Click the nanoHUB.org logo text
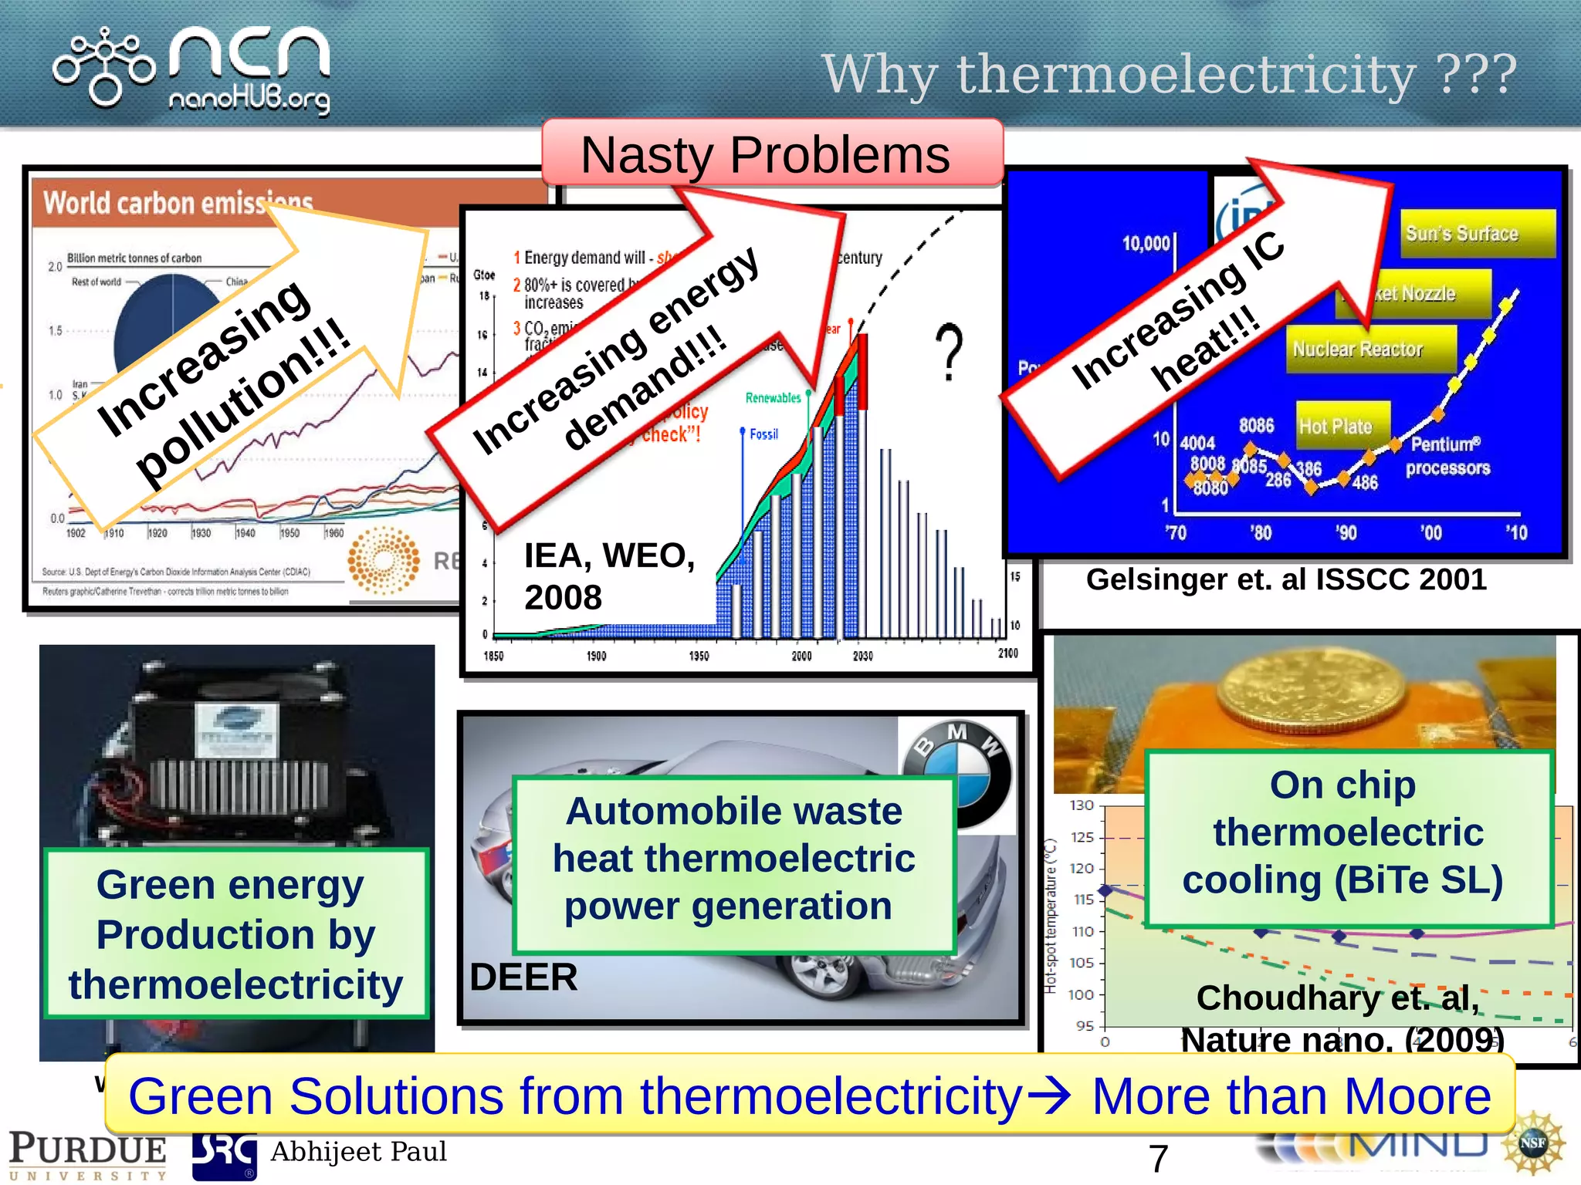(x=249, y=99)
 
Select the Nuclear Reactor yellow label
(x=1358, y=349)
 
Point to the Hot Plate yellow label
(x=1336, y=426)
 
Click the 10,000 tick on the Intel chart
(x=1146, y=244)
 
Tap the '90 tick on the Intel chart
(x=1346, y=532)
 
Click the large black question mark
(x=950, y=352)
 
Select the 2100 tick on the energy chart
(x=1007, y=653)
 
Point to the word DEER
(x=523, y=977)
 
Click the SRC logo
(x=224, y=1155)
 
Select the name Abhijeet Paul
(x=358, y=1152)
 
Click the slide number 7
(x=1157, y=1159)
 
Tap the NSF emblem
(x=1532, y=1143)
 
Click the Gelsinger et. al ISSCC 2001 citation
(x=1285, y=579)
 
